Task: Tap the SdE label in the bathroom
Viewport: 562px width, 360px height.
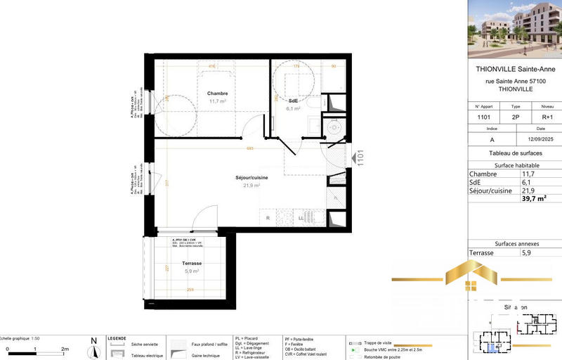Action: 293,101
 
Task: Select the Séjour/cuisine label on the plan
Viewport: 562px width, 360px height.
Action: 251,178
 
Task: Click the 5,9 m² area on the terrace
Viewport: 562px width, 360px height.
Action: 192,271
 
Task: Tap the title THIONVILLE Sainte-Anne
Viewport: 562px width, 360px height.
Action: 516,70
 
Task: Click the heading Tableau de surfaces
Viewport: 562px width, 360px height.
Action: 516,153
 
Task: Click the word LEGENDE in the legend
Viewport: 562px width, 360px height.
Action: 116,338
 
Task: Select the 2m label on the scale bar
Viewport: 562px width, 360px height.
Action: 65,349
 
